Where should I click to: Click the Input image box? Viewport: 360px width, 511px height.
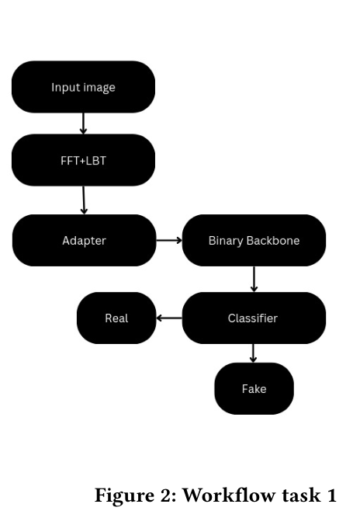83,87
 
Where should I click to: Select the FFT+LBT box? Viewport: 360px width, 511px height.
83,160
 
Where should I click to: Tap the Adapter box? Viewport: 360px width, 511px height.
84,241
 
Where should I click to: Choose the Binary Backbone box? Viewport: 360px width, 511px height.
254,241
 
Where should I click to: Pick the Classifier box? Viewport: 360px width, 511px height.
254,318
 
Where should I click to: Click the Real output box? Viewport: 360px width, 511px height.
116,318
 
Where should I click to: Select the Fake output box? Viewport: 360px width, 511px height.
254,388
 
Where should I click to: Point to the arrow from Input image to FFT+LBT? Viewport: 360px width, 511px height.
83,123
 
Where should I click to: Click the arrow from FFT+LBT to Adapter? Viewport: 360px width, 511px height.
84,200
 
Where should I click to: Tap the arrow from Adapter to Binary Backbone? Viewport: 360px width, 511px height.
169,241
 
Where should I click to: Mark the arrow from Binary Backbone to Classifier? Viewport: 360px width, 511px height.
254,279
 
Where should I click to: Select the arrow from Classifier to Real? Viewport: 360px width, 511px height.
169,318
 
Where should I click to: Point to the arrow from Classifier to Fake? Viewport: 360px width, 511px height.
254,353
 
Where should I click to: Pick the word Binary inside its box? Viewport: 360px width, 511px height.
226,241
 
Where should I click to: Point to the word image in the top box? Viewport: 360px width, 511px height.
99,88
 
